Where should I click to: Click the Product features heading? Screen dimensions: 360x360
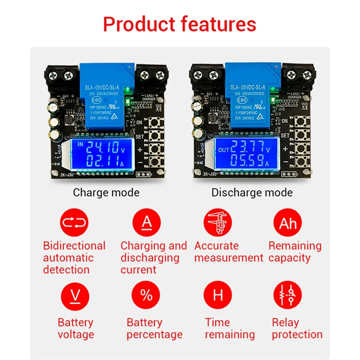tap(180, 24)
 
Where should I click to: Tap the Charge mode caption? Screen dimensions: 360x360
tap(106, 193)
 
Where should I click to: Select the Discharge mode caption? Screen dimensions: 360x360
tap(252, 193)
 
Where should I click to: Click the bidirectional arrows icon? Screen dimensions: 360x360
tap(74, 223)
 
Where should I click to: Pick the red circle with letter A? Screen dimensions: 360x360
tap(146, 223)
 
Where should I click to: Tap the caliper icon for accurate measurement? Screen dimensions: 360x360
tap(218, 223)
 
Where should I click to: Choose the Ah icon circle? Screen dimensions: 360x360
tap(288, 223)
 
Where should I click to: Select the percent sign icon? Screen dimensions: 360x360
tap(146, 296)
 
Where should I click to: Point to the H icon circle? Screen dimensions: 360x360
tap(218, 296)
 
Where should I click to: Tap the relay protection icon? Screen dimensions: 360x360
tap(288, 296)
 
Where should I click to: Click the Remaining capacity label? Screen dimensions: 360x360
tap(295, 252)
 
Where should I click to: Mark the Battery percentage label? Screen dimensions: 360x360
tap(154, 328)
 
